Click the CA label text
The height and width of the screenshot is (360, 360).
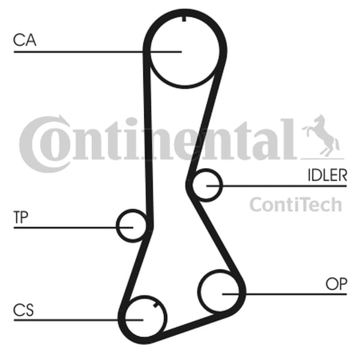[x=25, y=40]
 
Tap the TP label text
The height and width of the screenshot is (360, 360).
[x=21, y=217]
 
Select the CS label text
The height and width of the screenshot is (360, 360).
[x=23, y=310]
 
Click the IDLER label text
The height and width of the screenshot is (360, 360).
[x=327, y=175]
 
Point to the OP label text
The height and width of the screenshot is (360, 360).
[x=337, y=284]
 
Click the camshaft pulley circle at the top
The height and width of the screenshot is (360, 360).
[x=185, y=52]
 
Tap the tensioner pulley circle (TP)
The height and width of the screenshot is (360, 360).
[x=132, y=226]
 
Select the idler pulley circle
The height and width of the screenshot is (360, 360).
[x=206, y=185]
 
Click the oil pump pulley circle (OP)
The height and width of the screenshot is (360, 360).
[x=219, y=291]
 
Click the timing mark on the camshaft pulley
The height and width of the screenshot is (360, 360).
[x=184, y=19]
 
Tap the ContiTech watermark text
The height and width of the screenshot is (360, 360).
[x=296, y=205]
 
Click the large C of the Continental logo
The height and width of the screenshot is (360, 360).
[x=44, y=144]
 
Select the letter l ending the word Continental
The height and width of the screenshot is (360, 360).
[x=288, y=139]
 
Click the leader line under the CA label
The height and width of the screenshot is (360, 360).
[x=98, y=52]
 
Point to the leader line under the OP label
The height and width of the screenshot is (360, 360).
[x=284, y=294]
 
